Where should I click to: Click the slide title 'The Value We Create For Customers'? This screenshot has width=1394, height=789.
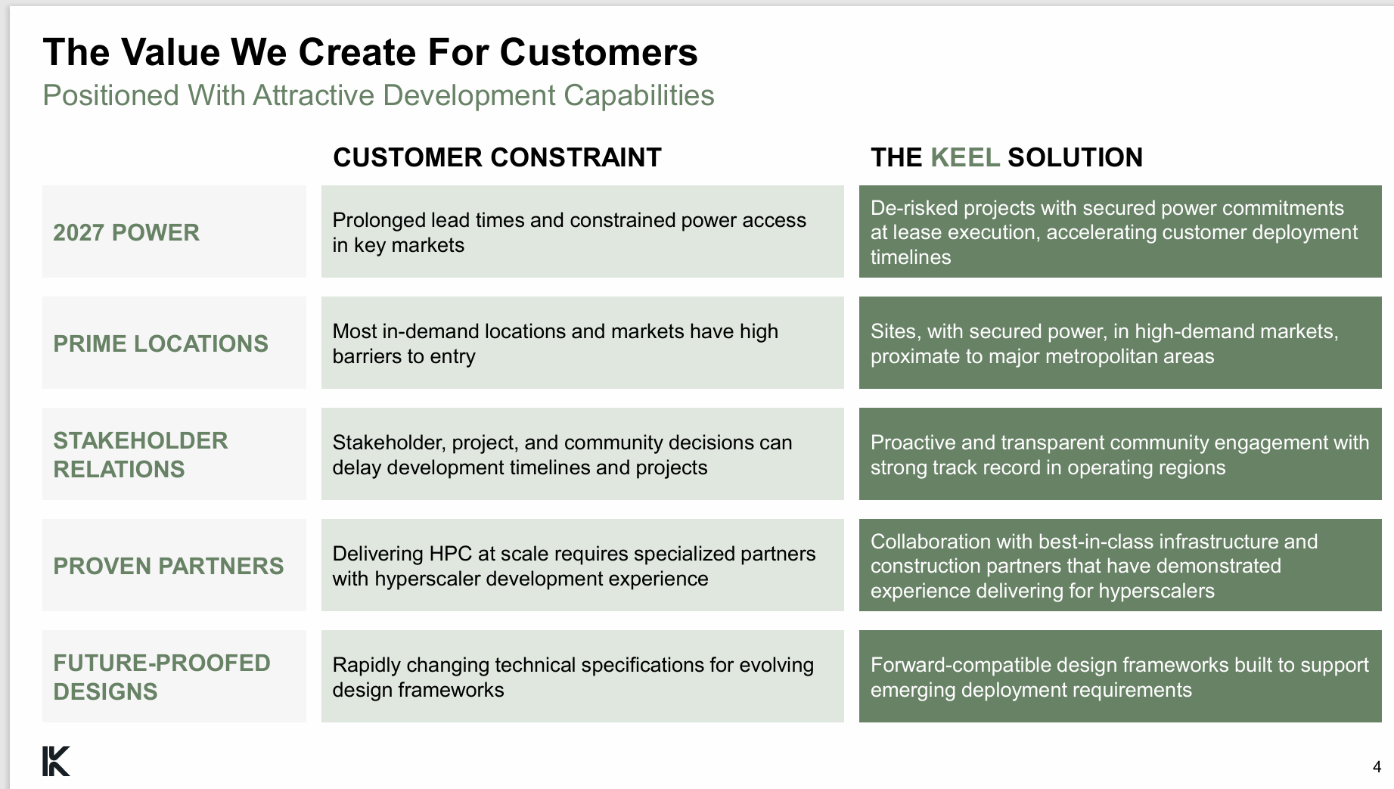[x=370, y=52]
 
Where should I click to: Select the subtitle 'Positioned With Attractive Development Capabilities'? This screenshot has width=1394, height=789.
[x=378, y=96]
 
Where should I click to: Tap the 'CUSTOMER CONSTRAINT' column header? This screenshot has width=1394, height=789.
[x=497, y=157]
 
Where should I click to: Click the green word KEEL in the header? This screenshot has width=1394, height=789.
[x=965, y=157]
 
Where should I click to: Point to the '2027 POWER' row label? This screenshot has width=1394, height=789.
[x=126, y=232]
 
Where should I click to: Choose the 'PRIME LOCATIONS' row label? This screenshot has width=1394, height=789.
[x=160, y=343]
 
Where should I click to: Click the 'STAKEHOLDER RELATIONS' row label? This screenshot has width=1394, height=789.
[x=141, y=455]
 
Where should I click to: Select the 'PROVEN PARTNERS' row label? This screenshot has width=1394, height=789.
[x=168, y=566]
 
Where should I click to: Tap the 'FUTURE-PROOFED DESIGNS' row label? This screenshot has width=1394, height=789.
[x=161, y=677]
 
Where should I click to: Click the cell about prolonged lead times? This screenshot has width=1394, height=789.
[x=582, y=231]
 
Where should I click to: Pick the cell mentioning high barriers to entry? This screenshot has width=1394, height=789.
[x=582, y=343]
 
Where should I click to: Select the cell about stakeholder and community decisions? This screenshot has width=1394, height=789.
[x=582, y=454]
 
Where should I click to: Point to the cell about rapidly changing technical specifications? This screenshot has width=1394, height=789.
[x=582, y=676]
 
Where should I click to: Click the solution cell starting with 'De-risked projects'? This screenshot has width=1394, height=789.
[x=1120, y=231]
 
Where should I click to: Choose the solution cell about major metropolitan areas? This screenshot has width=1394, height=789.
[x=1120, y=343]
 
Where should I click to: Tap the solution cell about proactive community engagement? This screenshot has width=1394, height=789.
[x=1120, y=454]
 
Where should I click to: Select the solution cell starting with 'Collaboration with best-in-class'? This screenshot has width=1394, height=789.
[x=1120, y=565]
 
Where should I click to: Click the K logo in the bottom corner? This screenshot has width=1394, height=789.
[x=56, y=761]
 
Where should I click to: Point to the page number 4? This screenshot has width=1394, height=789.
[x=1377, y=767]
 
